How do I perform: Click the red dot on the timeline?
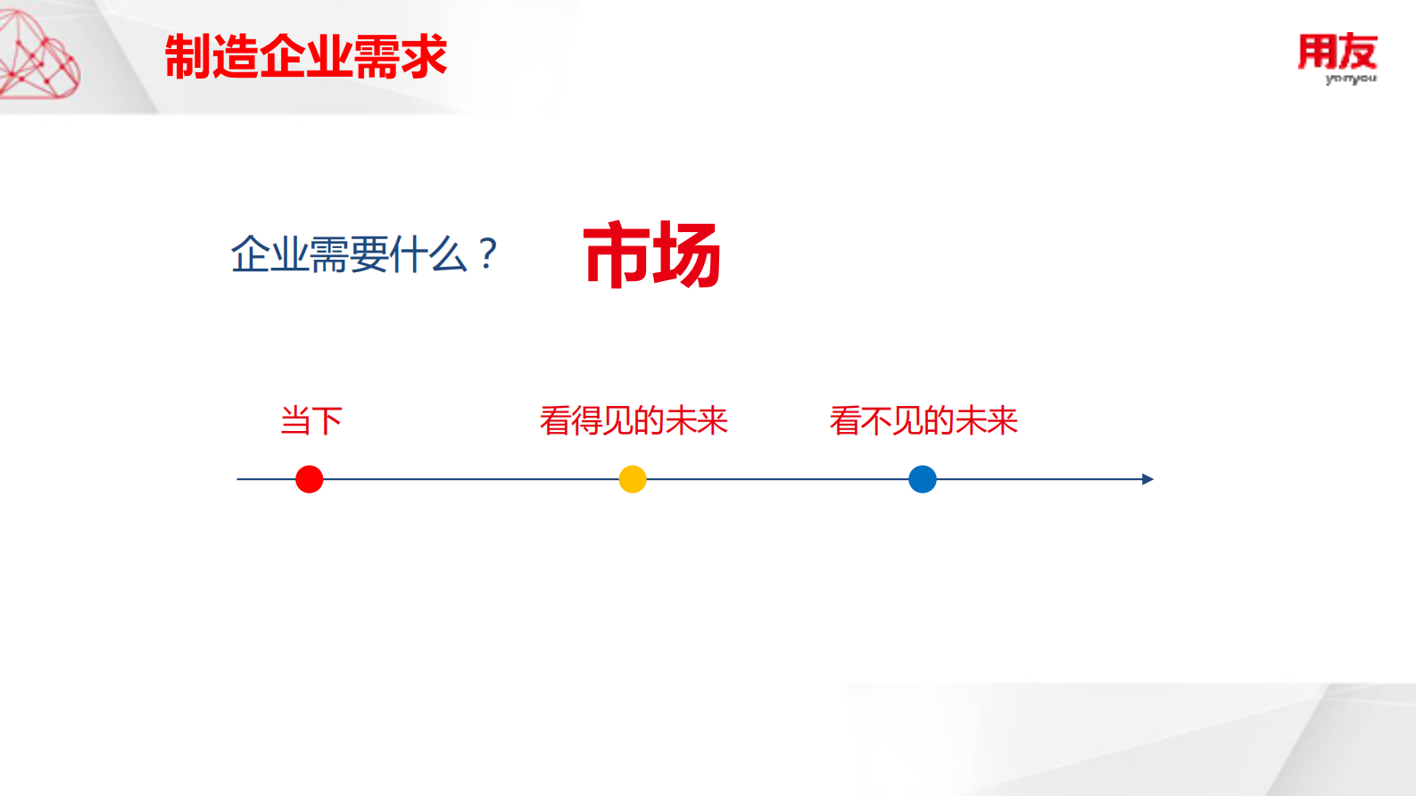point(310,479)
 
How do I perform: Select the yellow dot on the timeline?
point(633,479)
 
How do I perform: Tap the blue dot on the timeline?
point(923,479)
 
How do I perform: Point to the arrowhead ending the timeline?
point(1147,479)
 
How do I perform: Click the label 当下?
point(311,420)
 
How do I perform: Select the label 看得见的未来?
point(633,420)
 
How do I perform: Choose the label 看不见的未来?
point(923,420)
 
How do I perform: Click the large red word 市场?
point(651,256)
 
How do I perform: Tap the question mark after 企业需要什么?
point(487,254)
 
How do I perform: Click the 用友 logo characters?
point(1337,52)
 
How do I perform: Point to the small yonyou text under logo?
point(1350,79)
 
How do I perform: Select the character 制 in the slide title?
point(187,58)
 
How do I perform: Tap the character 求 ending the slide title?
point(423,58)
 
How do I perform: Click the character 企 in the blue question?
point(250,255)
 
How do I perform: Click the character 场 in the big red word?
point(686,256)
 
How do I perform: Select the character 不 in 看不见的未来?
point(875,420)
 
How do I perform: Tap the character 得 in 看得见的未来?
point(586,420)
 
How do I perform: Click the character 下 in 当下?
point(327,420)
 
